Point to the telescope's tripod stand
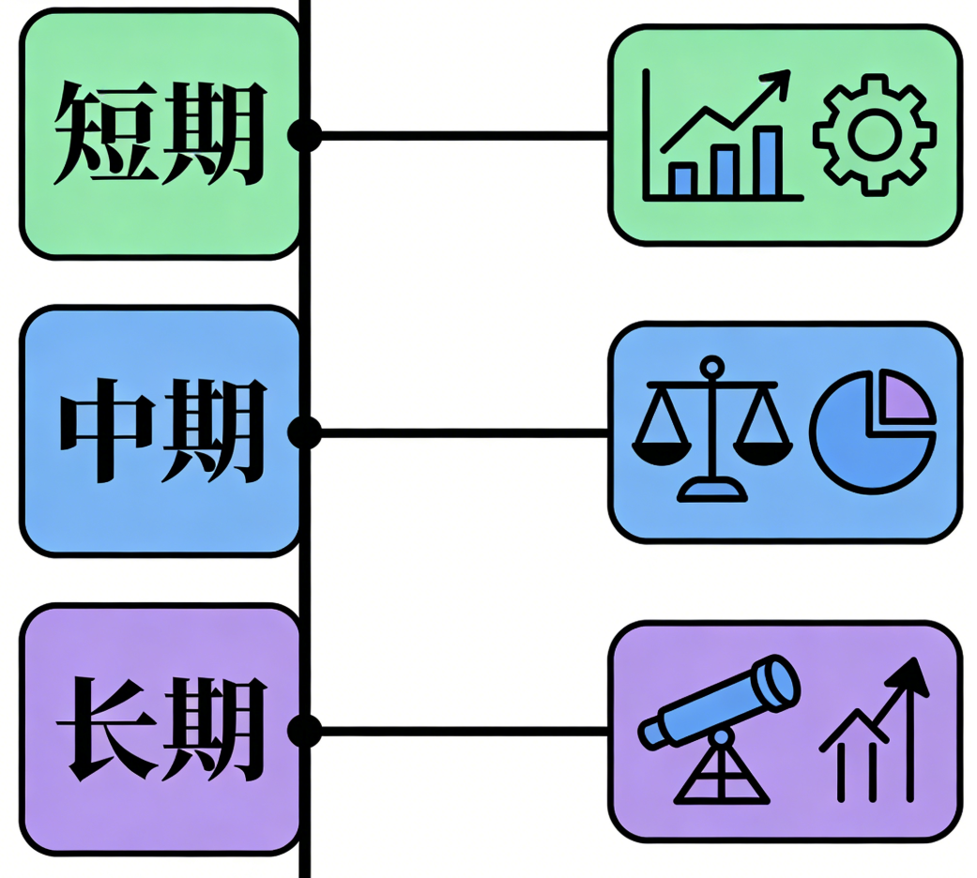click(722, 774)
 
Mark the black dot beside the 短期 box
click(304, 135)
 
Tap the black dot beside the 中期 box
click(304, 432)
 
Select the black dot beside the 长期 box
click(304, 730)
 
